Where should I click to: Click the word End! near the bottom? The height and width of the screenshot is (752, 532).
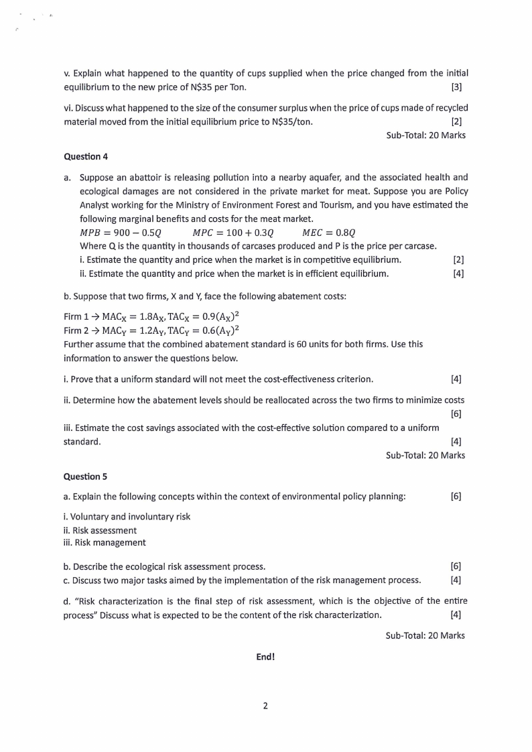(x=265, y=657)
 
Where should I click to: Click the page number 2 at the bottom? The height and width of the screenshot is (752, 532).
(x=265, y=706)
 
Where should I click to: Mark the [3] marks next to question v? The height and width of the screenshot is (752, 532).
(x=457, y=86)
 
